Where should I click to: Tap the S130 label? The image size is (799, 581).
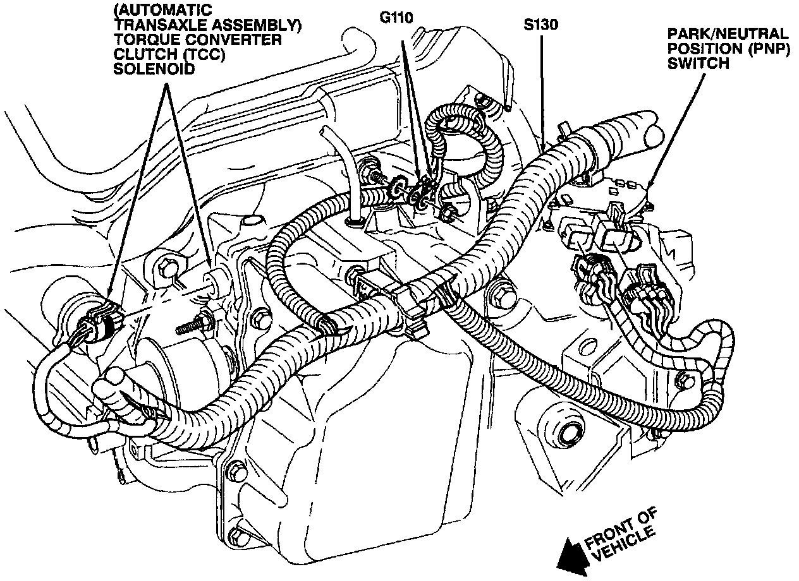click(x=541, y=26)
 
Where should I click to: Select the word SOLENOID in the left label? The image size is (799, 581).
click(x=144, y=68)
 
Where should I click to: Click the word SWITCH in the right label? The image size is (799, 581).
click(x=700, y=63)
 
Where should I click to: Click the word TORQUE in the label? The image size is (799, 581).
click(x=143, y=40)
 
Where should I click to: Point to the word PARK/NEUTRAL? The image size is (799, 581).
click(x=729, y=33)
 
